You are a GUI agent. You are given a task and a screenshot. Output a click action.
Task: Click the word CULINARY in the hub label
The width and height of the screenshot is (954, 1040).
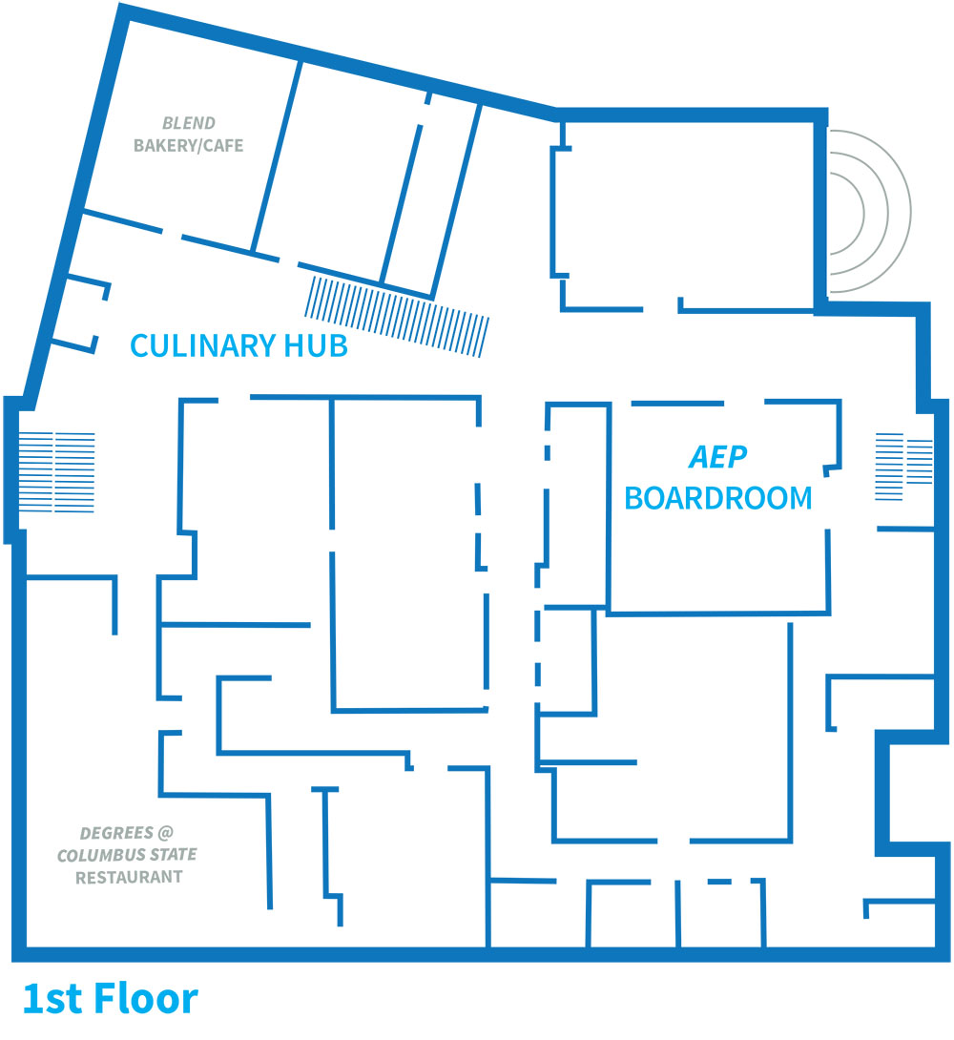click(x=202, y=345)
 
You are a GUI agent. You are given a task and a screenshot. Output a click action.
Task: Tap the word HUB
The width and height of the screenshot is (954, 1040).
click(x=316, y=345)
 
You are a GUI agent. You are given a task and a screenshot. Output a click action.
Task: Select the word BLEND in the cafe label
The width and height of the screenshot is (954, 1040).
click(x=189, y=123)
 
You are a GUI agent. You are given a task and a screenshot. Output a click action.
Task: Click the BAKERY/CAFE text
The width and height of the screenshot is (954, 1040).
click(x=188, y=145)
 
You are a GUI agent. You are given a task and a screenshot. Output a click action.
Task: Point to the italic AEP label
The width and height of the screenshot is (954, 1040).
click(x=718, y=457)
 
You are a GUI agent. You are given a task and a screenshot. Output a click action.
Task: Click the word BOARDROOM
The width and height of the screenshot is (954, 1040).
click(x=718, y=498)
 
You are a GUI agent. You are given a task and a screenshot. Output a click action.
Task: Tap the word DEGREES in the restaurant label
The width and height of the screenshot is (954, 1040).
click(x=116, y=833)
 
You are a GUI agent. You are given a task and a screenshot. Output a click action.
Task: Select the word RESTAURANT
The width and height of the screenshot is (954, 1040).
click(x=129, y=877)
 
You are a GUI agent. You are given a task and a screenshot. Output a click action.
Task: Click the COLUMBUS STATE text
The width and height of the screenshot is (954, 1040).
click(x=127, y=855)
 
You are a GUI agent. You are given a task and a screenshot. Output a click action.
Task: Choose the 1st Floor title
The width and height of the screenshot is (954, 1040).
click(x=111, y=998)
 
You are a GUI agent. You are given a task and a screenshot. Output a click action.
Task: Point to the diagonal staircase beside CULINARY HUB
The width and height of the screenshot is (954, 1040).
click(x=397, y=317)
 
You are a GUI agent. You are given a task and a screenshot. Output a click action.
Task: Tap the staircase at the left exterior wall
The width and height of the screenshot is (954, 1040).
click(x=56, y=472)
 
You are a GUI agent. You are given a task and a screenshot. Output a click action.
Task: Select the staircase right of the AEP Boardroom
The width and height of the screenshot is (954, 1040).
click(x=903, y=467)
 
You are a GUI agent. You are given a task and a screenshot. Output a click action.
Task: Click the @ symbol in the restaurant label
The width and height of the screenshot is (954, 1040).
click(x=166, y=833)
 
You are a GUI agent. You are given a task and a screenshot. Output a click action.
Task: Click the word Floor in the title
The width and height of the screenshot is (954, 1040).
click(x=146, y=998)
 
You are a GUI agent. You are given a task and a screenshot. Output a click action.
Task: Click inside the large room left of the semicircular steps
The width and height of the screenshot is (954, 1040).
click(x=686, y=212)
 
